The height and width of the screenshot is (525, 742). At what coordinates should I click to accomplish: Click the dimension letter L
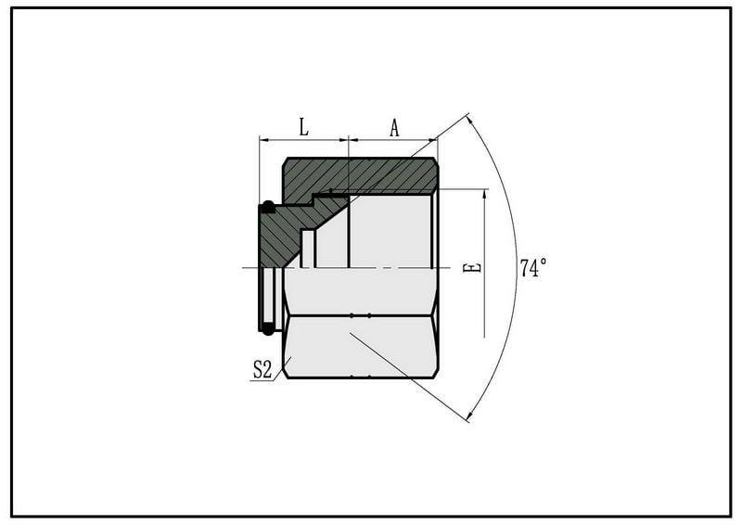tap(303, 127)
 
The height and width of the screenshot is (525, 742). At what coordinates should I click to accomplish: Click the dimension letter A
tap(394, 127)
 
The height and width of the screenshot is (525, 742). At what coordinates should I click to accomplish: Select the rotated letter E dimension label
tap(472, 267)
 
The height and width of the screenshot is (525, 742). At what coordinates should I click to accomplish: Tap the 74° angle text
tap(533, 267)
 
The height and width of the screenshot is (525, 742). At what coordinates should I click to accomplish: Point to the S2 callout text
tap(262, 369)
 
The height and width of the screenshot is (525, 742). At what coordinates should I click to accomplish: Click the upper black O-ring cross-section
tap(268, 207)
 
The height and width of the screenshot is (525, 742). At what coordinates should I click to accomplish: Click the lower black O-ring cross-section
tap(268, 328)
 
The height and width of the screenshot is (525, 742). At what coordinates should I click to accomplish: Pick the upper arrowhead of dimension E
tap(484, 193)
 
